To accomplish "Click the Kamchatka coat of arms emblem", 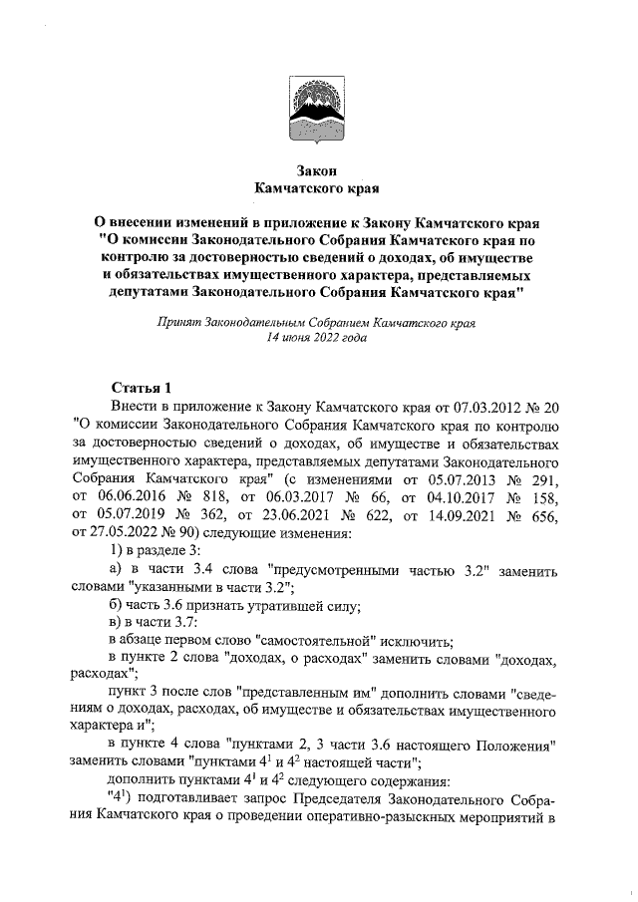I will pyautogui.click(x=317, y=109).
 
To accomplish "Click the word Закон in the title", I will pyautogui.click(x=317, y=170).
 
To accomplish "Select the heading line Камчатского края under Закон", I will pyautogui.click(x=317, y=187).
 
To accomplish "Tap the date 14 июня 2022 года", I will pyautogui.click(x=316, y=338).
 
